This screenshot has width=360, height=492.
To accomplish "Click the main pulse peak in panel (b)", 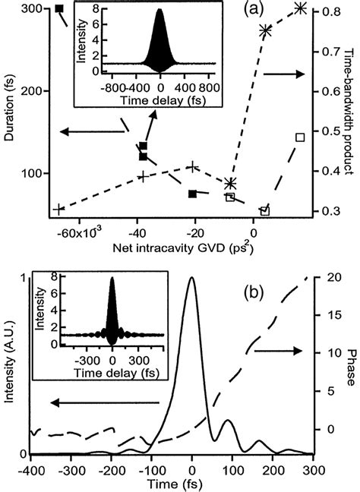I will click(192, 279).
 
